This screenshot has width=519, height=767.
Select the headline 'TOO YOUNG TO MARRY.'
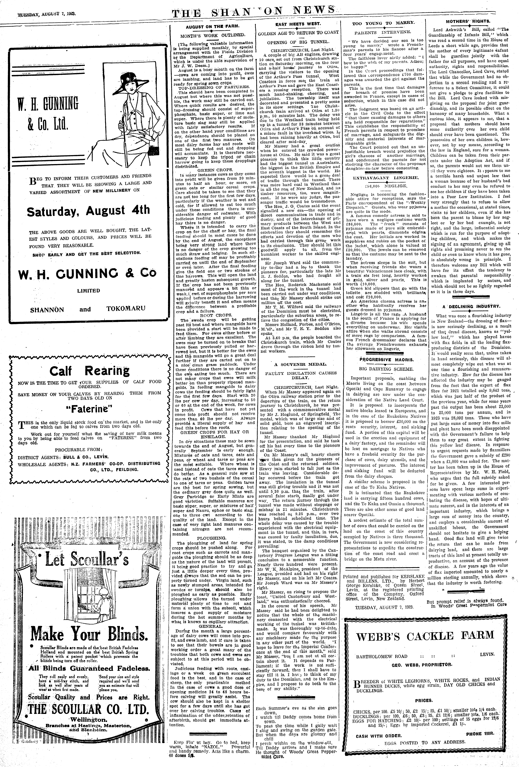pos(384,23)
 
